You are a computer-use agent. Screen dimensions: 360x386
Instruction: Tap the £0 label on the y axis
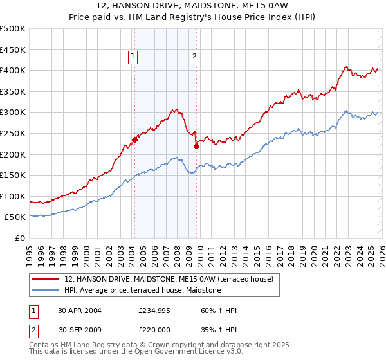tap(20, 238)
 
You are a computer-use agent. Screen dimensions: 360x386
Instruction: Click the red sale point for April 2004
tap(134, 139)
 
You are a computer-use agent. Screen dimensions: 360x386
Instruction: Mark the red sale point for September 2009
tap(196, 146)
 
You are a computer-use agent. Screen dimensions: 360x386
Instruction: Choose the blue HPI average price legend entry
tap(143, 290)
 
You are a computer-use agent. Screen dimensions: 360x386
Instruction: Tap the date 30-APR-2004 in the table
tap(79, 310)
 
